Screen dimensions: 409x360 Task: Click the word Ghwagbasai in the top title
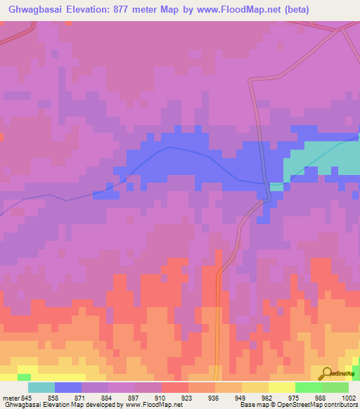pyautogui.click(x=34, y=9)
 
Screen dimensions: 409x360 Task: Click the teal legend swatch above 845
pyautogui.click(x=41, y=387)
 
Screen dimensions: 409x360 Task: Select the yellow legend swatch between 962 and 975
pyautogui.click(x=281, y=387)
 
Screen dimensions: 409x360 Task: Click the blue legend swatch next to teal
pyautogui.click(x=68, y=387)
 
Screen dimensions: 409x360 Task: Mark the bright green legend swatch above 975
pyautogui.click(x=308, y=387)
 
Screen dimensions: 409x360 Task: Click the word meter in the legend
pyautogui.click(x=11, y=397)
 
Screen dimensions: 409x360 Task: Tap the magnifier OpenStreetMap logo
pyautogui.click(x=326, y=374)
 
